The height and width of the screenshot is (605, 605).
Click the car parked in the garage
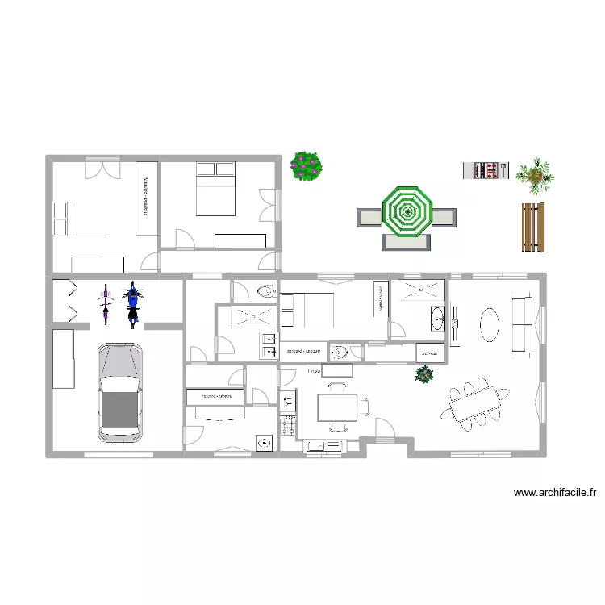tap(119, 393)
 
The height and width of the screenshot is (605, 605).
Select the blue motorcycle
tap(133, 304)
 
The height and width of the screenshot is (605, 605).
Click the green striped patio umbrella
tap(407, 213)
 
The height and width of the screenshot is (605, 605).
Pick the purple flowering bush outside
tap(307, 166)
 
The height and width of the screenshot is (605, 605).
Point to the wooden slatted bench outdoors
tap(532, 226)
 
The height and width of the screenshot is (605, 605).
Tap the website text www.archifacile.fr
tap(554, 492)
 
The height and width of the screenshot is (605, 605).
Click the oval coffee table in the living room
tap(490, 325)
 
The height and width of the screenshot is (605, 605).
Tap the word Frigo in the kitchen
tap(315, 371)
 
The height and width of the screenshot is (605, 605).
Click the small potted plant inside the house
tap(423, 373)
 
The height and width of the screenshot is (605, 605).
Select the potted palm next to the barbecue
tap(535, 175)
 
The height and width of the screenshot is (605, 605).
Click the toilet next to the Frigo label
tap(341, 352)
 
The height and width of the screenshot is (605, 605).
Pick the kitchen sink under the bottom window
tap(326, 445)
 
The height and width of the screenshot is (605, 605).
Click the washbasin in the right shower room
tap(439, 318)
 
